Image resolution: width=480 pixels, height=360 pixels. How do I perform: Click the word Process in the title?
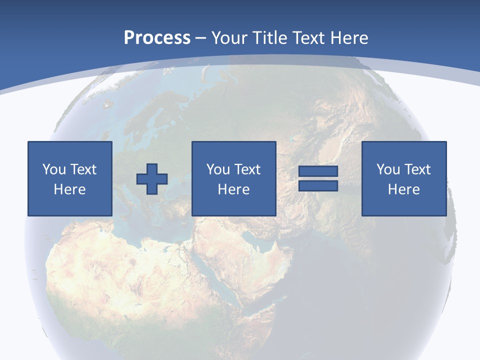(157, 38)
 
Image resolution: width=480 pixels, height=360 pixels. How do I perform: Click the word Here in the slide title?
(348, 38)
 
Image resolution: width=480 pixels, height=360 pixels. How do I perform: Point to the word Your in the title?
(227, 38)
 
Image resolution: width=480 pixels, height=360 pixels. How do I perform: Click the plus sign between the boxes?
(152, 178)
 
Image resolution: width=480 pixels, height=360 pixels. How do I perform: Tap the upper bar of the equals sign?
(318, 171)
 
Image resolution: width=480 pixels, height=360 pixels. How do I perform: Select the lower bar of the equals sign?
(318, 185)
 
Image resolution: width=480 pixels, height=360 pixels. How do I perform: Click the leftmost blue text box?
(69, 178)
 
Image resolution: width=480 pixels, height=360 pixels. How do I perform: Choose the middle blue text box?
(233, 178)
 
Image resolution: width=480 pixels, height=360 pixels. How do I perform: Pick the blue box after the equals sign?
(403, 178)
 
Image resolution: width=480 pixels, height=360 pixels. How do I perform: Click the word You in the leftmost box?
(53, 169)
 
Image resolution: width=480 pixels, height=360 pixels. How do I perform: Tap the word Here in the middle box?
(233, 189)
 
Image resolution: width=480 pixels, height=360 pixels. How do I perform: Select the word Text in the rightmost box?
(418, 169)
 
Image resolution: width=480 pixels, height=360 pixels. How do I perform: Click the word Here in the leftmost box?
(69, 189)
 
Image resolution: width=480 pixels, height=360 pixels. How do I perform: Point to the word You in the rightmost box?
(388, 169)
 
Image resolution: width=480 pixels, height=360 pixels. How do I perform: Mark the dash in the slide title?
(201, 38)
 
